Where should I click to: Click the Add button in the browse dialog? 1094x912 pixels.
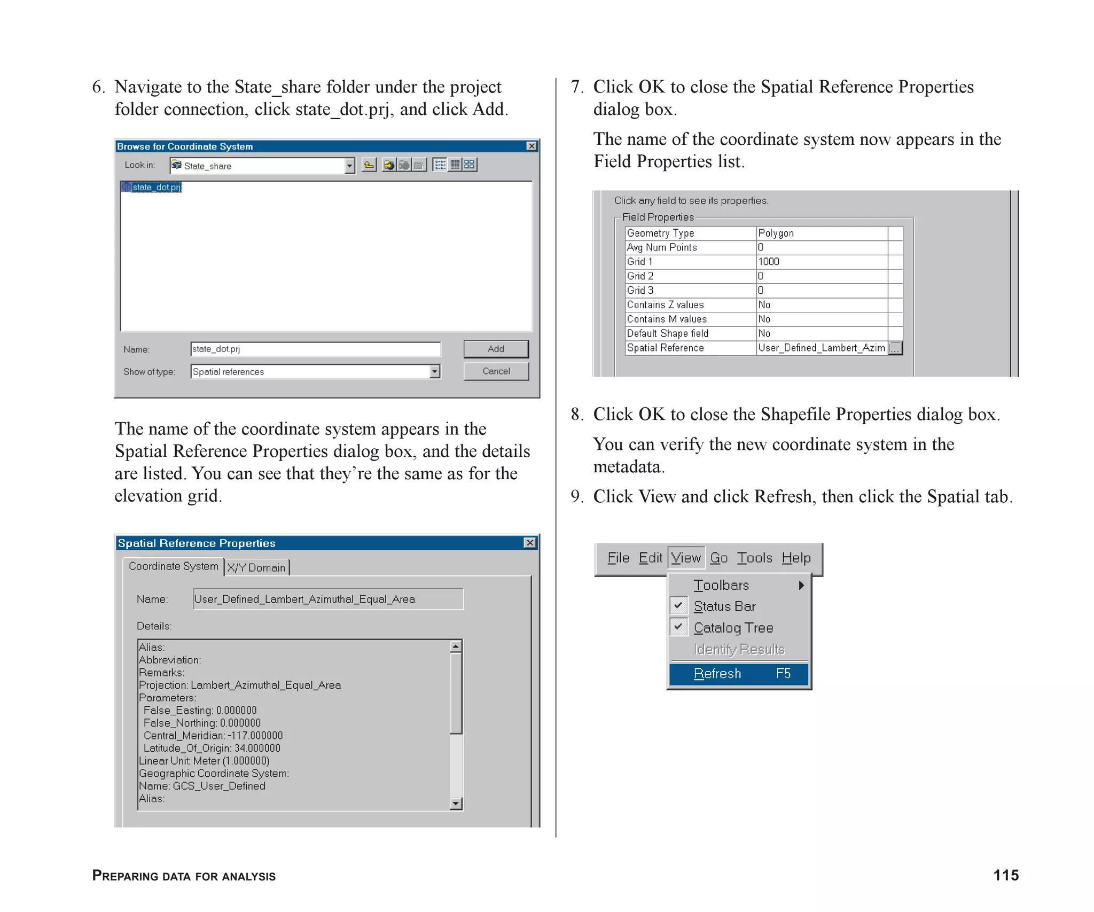(x=496, y=349)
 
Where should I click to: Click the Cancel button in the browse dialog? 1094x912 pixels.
(x=496, y=371)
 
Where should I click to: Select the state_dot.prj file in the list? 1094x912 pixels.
(x=156, y=187)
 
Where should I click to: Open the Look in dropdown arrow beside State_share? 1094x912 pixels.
(x=350, y=166)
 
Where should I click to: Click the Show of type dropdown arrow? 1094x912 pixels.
(x=435, y=371)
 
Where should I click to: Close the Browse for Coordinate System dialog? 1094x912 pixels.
(x=532, y=146)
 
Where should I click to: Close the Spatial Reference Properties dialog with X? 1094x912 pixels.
(x=529, y=543)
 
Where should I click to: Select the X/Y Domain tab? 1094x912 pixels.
(x=256, y=567)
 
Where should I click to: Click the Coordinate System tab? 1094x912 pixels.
(x=173, y=566)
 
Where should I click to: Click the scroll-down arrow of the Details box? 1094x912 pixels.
(x=456, y=803)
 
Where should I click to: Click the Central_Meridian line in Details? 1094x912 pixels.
(x=213, y=736)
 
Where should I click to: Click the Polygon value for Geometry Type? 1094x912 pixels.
(x=776, y=233)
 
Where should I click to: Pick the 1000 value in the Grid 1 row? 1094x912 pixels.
(x=769, y=262)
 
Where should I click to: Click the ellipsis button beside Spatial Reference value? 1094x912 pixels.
(x=895, y=348)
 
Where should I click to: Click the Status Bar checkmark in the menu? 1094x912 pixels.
(x=678, y=606)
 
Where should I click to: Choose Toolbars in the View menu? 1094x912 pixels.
(x=721, y=585)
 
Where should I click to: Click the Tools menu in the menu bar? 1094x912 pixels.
(x=754, y=558)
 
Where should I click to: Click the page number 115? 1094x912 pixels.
(x=1005, y=875)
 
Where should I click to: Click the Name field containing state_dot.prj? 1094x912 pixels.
(x=315, y=349)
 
